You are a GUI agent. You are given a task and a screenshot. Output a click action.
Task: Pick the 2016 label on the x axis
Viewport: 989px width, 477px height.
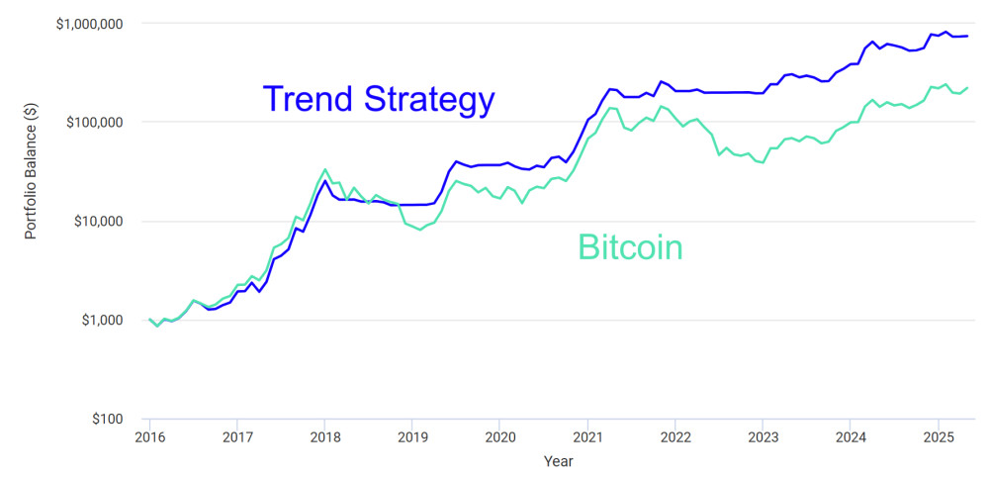click(x=149, y=436)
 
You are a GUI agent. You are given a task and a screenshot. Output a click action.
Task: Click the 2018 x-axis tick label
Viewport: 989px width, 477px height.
click(x=324, y=436)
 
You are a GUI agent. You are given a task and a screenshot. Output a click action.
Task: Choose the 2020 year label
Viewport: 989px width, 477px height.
click(x=499, y=436)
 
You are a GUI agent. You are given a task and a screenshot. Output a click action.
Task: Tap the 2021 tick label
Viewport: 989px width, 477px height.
click(x=587, y=436)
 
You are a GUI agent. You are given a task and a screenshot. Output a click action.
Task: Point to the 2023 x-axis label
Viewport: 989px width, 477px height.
click(x=763, y=436)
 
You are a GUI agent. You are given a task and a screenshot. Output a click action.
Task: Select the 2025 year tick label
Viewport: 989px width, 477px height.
click(x=938, y=436)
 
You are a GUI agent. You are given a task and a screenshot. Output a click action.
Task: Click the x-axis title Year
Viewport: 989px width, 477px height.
click(x=558, y=461)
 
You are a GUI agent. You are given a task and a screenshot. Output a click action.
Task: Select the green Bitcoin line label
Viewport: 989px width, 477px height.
click(x=630, y=247)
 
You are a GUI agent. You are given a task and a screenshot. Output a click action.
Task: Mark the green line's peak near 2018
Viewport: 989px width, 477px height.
click(x=324, y=169)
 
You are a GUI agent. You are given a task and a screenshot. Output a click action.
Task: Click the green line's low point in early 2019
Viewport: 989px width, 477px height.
click(x=420, y=230)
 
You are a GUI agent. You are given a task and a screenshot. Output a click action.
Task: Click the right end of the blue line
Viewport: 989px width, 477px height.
click(x=967, y=36)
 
